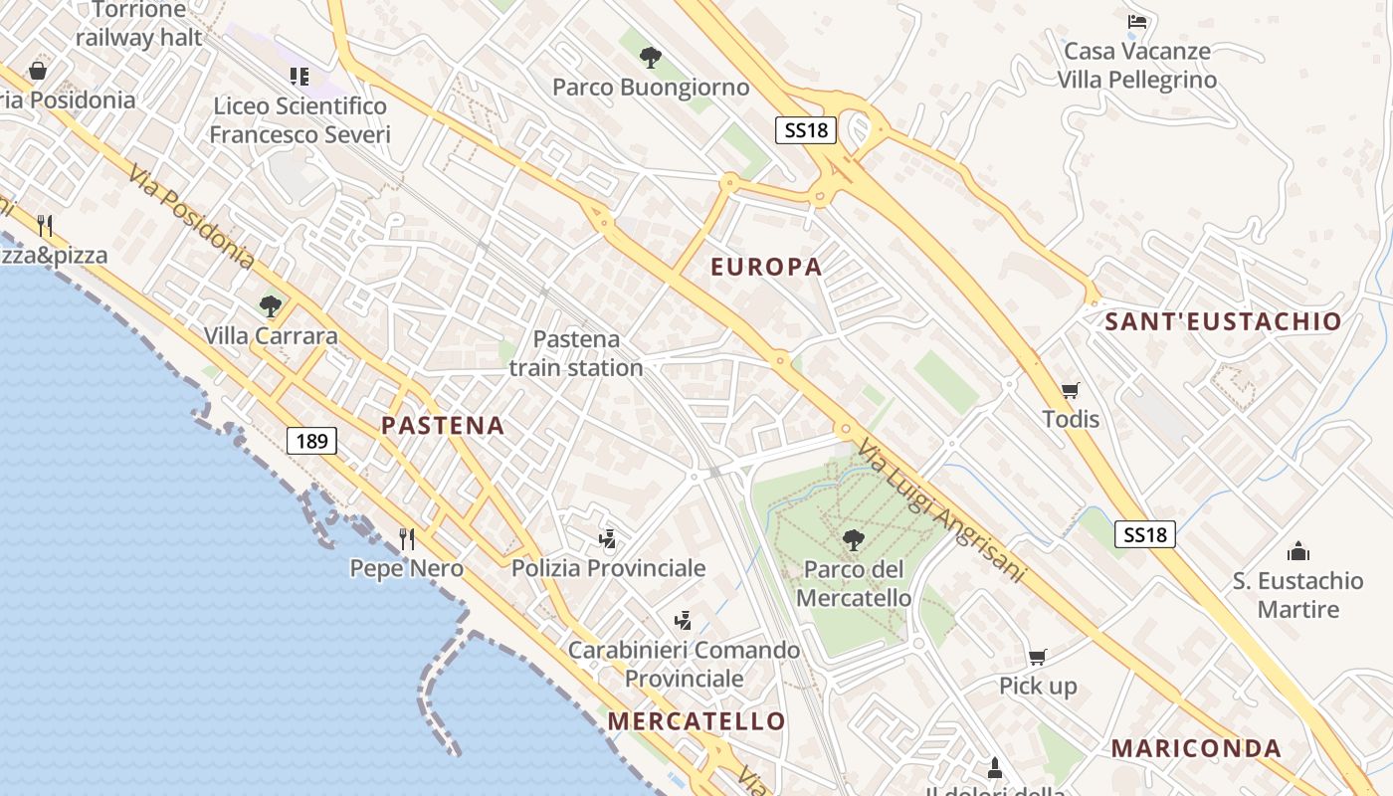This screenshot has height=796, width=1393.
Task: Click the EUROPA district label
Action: (766, 267)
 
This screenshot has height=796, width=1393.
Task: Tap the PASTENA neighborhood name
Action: (443, 426)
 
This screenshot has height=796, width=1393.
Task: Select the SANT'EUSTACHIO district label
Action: (1223, 321)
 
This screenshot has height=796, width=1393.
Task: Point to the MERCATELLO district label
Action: (696, 721)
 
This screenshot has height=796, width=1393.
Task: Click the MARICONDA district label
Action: (1196, 748)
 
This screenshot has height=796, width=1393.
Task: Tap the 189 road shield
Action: (312, 441)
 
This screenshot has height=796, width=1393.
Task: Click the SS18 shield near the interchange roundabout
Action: (805, 129)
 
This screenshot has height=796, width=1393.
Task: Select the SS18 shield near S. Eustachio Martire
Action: (1144, 534)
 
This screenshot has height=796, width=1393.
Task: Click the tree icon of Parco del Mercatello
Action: (853, 540)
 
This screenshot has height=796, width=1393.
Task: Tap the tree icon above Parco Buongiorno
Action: (651, 58)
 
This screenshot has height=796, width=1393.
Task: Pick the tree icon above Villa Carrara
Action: (270, 305)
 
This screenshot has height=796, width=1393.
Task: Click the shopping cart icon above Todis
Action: (1071, 390)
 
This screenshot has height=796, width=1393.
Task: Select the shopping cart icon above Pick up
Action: (1038, 657)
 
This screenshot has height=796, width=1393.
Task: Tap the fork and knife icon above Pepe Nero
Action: (406, 539)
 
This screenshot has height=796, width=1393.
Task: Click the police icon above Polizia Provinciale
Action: (608, 539)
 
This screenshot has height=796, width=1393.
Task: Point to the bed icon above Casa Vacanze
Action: (1137, 21)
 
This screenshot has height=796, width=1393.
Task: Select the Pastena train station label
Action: (576, 353)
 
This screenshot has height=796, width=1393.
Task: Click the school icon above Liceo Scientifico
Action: (299, 76)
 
